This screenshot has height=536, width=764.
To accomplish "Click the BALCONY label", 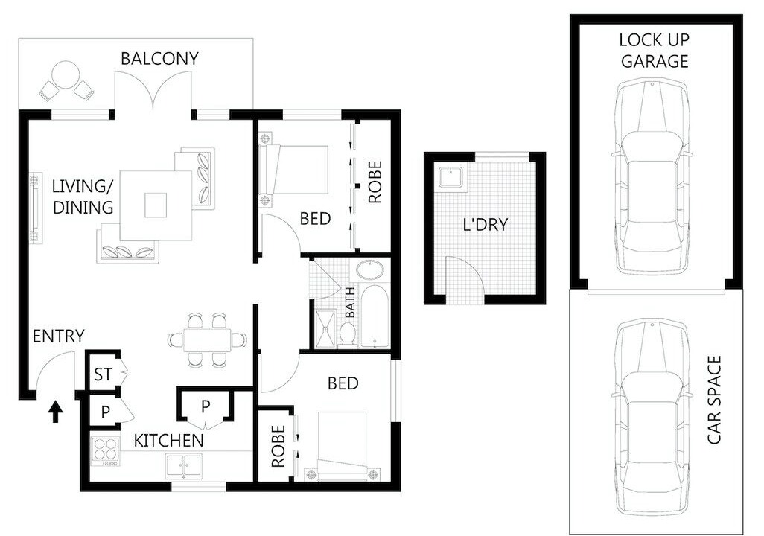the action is click(159, 59).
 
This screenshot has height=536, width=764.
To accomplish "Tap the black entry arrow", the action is click(57, 411).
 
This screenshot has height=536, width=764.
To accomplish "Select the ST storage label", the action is click(103, 374).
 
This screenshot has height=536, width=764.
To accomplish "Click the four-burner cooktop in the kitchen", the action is click(105, 452).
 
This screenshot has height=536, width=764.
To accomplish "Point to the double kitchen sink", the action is click(184, 466).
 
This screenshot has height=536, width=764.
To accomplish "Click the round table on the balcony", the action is click(66, 74).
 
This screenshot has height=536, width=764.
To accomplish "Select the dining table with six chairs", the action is click(207, 339).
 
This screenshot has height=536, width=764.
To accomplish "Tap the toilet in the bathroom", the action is click(348, 334).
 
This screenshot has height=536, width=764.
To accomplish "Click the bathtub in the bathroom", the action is click(374, 316).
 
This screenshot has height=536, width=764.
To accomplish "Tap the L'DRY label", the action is click(486, 225).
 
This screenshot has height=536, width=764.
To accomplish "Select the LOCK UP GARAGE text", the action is click(655, 51).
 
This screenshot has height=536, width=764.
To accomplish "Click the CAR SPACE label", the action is click(714, 400).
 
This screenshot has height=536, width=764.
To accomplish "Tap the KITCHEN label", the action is click(168, 441).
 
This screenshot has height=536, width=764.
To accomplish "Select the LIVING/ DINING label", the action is click(83, 197).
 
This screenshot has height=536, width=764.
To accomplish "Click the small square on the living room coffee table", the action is click(156, 205).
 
